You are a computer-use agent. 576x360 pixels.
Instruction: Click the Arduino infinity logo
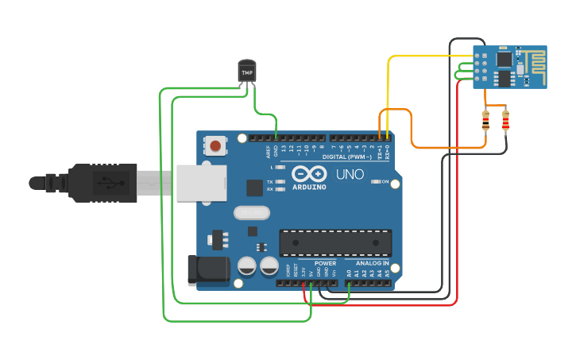[308, 174]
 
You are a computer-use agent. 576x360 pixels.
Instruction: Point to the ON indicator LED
[376, 182]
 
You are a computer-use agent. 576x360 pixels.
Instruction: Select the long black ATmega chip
[334, 243]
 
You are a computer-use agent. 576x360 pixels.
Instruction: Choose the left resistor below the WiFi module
[486, 121]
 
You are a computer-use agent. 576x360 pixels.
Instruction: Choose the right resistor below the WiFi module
[506, 121]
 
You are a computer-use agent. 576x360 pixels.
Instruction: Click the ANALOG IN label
[371, 263]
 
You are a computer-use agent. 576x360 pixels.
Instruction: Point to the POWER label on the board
[326, 263]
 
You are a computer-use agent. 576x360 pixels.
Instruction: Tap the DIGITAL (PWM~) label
[347, 157]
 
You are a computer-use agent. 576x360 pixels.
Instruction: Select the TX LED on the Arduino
[280, 182]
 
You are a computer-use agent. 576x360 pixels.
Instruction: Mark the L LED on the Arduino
[280, 168]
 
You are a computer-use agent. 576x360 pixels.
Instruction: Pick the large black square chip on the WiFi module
[504, 58]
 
